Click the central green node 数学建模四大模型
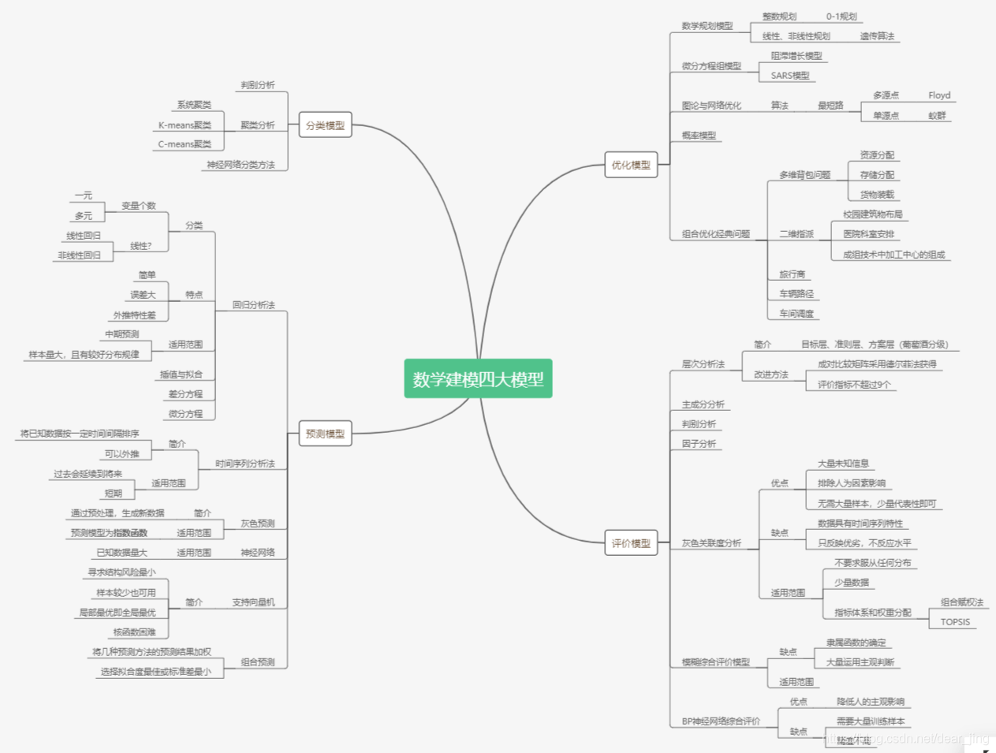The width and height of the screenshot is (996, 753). click(x=478, y=379)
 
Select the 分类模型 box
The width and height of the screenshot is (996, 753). click(x=325, y=125)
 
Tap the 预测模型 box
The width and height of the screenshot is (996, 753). click(x=325, y=434)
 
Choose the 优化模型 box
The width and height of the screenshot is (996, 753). click(x=631, y=165)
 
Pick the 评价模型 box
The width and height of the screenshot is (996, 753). click(x=631, y=543)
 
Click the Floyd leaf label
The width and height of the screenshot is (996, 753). click(x=939, y=95)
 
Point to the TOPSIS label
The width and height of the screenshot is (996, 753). click(x=955, y=622)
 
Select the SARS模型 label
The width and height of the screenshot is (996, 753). click(x=790, y=76)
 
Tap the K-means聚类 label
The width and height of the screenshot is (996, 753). click(x=185, y=125)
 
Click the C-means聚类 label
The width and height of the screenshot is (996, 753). click(x=185, y=144)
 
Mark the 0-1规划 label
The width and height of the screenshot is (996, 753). click(x=841, y=17)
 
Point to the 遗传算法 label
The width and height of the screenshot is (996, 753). click(x=877, y=36)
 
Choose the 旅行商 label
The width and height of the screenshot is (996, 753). click(x=792, y=274)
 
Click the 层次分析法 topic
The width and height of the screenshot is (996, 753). click(x=703, y=364)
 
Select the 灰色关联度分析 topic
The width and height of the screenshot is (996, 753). click(x=711, y=543)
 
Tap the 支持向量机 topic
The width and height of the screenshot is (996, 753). click(x=253, y=602)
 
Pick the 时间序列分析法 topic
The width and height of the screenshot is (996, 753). click(x=244, y=464)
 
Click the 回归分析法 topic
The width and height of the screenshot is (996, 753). click(x=253, y=305)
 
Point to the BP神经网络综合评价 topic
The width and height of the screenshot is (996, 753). click(x=721, y=721)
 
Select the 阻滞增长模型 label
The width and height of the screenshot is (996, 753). click(x=796, y=56)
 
